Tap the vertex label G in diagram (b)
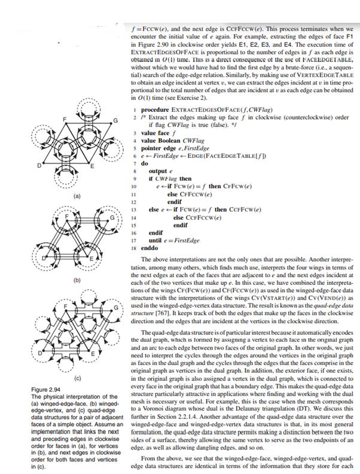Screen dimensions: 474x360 109,216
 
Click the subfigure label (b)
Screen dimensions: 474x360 76,279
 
